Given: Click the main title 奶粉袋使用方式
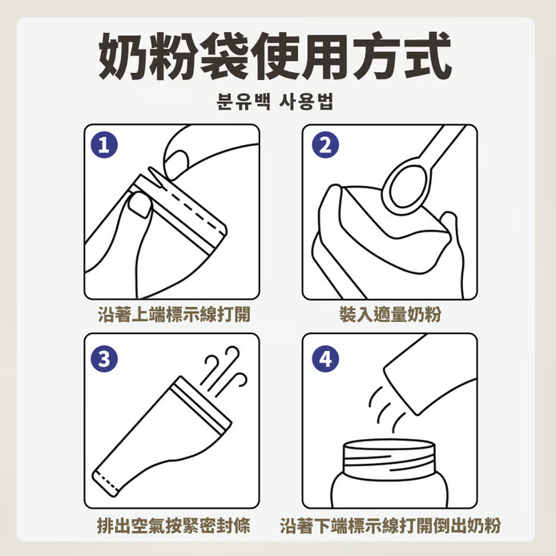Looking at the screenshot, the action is click(x=275, y=56).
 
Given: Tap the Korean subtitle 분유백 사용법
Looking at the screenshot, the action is click(x=275, y=102).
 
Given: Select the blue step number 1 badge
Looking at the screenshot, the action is click(x=104, y=145).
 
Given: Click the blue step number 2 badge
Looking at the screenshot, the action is click(x=325, y=145).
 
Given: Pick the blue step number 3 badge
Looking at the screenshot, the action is click(x=104, y=358).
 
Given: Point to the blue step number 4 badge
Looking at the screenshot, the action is click(x=325, y=358).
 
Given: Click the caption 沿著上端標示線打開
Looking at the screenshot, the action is click(x=174, y=314).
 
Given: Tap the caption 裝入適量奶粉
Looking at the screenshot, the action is click(x=390, y=314).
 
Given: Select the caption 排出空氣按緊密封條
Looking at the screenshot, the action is click(x=174, y=525).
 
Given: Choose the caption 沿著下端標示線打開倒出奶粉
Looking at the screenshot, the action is click(x=390, y=525).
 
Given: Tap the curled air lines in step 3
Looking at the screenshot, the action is click(x=224, y=371).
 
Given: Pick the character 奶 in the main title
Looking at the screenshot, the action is click(x=123, y=56).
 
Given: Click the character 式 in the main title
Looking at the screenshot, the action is click(x=428, y=55).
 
